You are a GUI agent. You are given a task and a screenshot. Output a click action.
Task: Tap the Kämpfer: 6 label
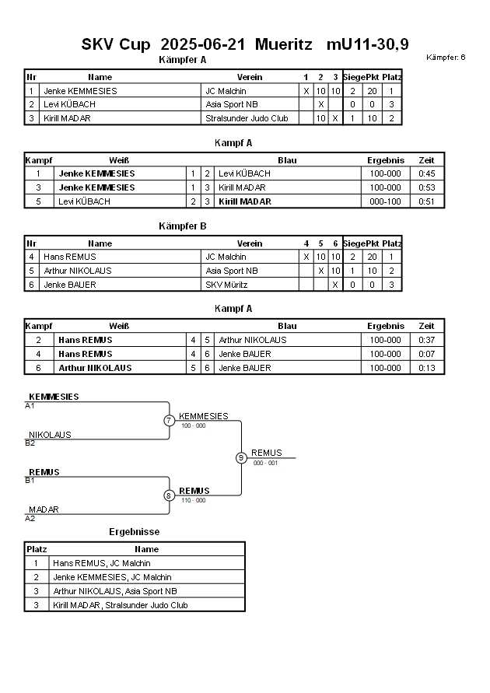pos(446,58)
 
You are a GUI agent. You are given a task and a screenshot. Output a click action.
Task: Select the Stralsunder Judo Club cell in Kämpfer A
pos(247,118)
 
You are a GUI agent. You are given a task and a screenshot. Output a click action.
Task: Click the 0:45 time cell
pos(426,173)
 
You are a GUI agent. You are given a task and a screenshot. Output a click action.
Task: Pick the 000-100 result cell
pos(385,201)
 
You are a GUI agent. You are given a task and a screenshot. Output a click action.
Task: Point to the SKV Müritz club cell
pos(226,285)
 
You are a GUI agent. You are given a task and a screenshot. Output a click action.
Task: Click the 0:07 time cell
pos(426,354)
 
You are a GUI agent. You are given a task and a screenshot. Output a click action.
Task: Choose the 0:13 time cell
pos(426,368)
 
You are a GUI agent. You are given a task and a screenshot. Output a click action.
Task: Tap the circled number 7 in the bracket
pos(169,421)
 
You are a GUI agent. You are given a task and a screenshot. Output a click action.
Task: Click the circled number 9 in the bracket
pos(241,458)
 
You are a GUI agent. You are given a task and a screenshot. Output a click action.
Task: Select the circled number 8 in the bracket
pos(169,495)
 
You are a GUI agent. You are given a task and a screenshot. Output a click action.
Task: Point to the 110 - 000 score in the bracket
pos(194,501)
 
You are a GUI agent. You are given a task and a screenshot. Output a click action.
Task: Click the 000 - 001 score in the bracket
pos(265,463)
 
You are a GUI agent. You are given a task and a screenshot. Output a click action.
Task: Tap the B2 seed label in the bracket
pos(30,443)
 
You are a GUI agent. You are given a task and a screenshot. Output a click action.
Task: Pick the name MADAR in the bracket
pos(44,510)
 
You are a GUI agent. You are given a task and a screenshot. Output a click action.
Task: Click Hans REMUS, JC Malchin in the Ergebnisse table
pos(102,563)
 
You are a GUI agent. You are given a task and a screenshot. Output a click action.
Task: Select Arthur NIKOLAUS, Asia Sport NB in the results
pos(115,591)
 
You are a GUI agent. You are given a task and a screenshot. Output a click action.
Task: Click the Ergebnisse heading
pos(134,532)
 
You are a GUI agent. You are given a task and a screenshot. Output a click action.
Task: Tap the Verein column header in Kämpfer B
pos(250,243)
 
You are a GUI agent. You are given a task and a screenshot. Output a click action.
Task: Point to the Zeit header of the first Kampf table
pos(426,160)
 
